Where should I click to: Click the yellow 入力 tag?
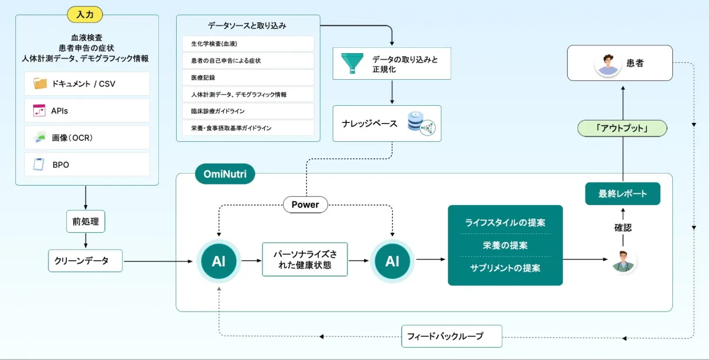tap(87, 14)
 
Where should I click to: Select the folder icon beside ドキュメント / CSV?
tap(40, 83)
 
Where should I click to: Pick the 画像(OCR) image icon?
tap(40, 138)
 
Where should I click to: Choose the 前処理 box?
tap(86, 222)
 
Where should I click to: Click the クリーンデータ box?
tap(85, 260)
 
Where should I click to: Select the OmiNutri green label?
tap(225, 174)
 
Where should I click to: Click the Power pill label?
tap(305, 205)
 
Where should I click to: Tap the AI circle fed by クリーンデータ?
tap(219, 260)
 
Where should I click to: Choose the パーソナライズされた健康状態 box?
tap(305, 260)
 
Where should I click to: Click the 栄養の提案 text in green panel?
tap(505, 245)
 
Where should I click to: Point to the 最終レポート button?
tap(622, 194)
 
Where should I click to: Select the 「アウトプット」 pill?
tap(622, 128)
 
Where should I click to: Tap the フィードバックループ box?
tap(451, 336)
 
